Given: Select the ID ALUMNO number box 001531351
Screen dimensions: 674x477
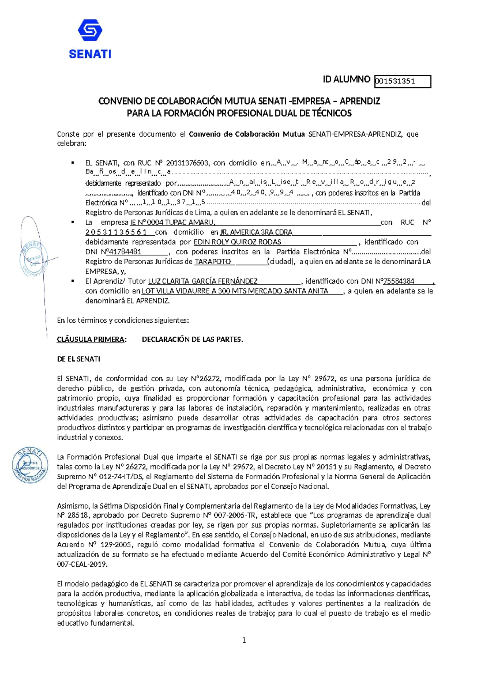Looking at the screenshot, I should point(402,81).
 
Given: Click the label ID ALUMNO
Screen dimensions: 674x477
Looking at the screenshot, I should point(346,79).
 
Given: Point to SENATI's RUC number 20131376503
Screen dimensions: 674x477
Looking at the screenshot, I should point(187,163).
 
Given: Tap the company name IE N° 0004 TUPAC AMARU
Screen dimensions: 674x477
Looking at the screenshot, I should point(173,223).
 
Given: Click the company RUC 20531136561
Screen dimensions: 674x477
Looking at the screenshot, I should point(116,232).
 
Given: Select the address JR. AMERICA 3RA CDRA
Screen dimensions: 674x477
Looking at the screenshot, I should point(256,232).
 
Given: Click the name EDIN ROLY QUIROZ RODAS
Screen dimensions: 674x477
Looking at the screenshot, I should point(237,242).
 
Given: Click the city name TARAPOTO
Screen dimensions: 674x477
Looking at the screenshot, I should point(212,261).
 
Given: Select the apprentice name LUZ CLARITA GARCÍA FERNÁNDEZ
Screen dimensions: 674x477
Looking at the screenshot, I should point(203,281).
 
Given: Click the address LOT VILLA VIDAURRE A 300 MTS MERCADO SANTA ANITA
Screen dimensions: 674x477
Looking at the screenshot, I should point(235,291).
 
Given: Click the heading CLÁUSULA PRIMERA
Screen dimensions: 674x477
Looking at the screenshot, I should point(91,339).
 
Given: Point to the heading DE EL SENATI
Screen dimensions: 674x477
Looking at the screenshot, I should point(78,359).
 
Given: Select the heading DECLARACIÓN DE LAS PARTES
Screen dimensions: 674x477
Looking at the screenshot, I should point(192,339).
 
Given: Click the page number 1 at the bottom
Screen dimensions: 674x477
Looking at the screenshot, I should point(244,640).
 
